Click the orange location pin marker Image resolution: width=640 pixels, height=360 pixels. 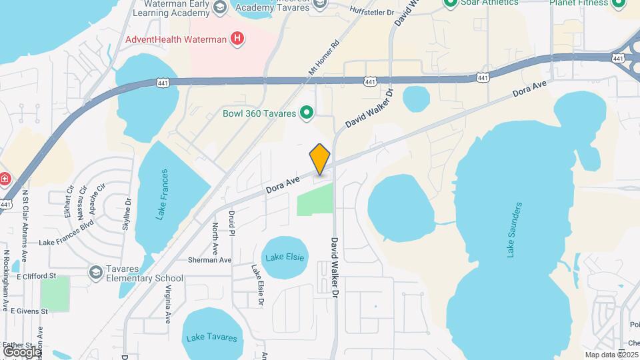(x=320, y=159)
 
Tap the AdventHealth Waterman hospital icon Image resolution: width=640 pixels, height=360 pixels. (x=236, y=39)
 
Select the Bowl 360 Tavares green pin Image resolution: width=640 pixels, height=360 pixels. (x=307, y=113)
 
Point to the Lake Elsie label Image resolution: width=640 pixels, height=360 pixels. (x=285, y=257)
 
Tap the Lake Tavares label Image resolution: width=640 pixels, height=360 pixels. (x=211, y=337)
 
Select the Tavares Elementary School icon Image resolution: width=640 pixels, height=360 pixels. (x=95, y=272)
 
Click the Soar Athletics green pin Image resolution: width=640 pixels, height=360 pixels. (x=451, y=3)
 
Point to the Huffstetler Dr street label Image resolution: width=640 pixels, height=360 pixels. (x=363, y=9)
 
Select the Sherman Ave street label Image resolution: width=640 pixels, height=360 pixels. (x=209, y=259)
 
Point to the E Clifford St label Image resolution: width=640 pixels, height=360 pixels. (x=36, y=276)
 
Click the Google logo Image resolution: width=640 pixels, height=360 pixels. (x=21, y=351)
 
